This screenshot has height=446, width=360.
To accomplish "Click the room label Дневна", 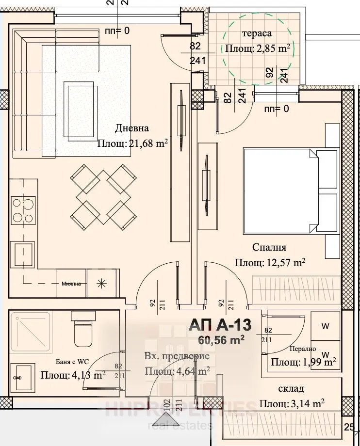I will point(132,128).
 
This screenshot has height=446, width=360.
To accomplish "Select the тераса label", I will point(256,33).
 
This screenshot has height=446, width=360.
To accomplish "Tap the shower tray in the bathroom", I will point(30,333).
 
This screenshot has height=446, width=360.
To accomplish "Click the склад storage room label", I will point(291,389).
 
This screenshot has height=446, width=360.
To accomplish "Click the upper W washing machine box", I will point(326,326).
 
